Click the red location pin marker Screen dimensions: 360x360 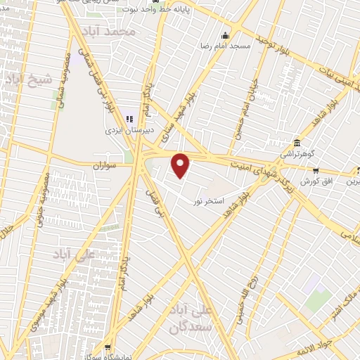tap(182, 165)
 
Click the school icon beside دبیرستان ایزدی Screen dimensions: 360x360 tap(129, 118)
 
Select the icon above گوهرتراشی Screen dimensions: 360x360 tap(299, 142)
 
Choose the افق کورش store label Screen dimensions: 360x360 tap(316, 181)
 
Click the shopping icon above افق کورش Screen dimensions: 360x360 tap(316, 169)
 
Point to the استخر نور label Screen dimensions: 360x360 tap(209, 200)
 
